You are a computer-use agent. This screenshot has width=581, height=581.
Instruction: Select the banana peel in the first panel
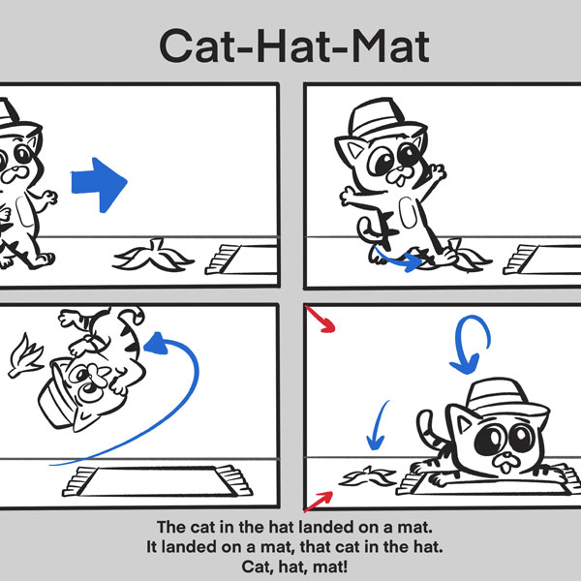[152, 256]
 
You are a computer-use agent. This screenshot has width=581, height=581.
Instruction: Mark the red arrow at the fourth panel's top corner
[320, 321]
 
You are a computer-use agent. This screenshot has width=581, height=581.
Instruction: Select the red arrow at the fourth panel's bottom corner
[319, 501]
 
